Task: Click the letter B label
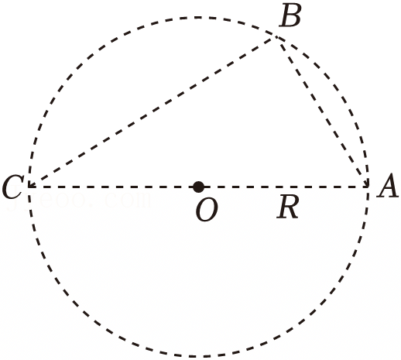point(290,15)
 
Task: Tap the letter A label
point(387,185)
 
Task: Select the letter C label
point(13,187)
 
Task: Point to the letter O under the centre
point(207,211)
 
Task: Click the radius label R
point(288,207)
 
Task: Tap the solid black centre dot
point(198,187)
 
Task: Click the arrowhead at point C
point(32,183)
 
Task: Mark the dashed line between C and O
point(114,187)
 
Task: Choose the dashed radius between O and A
point(283,187)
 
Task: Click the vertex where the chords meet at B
point(276,37)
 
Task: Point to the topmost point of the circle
point(198,17)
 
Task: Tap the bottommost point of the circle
point(198,356)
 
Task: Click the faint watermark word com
point(129,201)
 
